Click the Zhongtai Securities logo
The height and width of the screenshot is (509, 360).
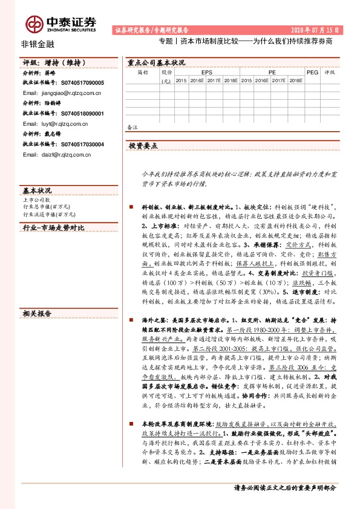pos(61,23)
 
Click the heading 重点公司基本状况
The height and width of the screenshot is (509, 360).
pos(156,62)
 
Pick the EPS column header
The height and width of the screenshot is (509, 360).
pos(207,71)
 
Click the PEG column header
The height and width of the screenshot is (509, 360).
pos(312,71)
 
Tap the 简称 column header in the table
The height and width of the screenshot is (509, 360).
pos(143,72)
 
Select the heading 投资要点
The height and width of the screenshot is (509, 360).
pos(143,146)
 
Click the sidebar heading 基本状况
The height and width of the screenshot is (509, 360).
pos(36,190)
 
